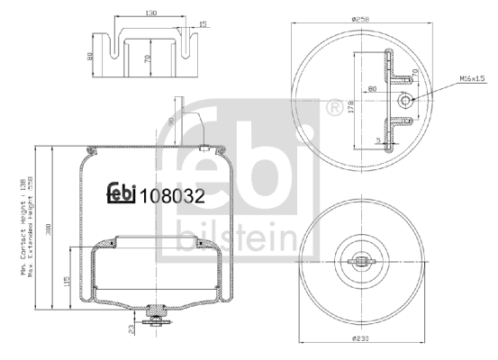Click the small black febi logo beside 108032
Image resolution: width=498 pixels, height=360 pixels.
pos(120,192)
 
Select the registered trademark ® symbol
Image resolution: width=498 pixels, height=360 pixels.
pos(335,108)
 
